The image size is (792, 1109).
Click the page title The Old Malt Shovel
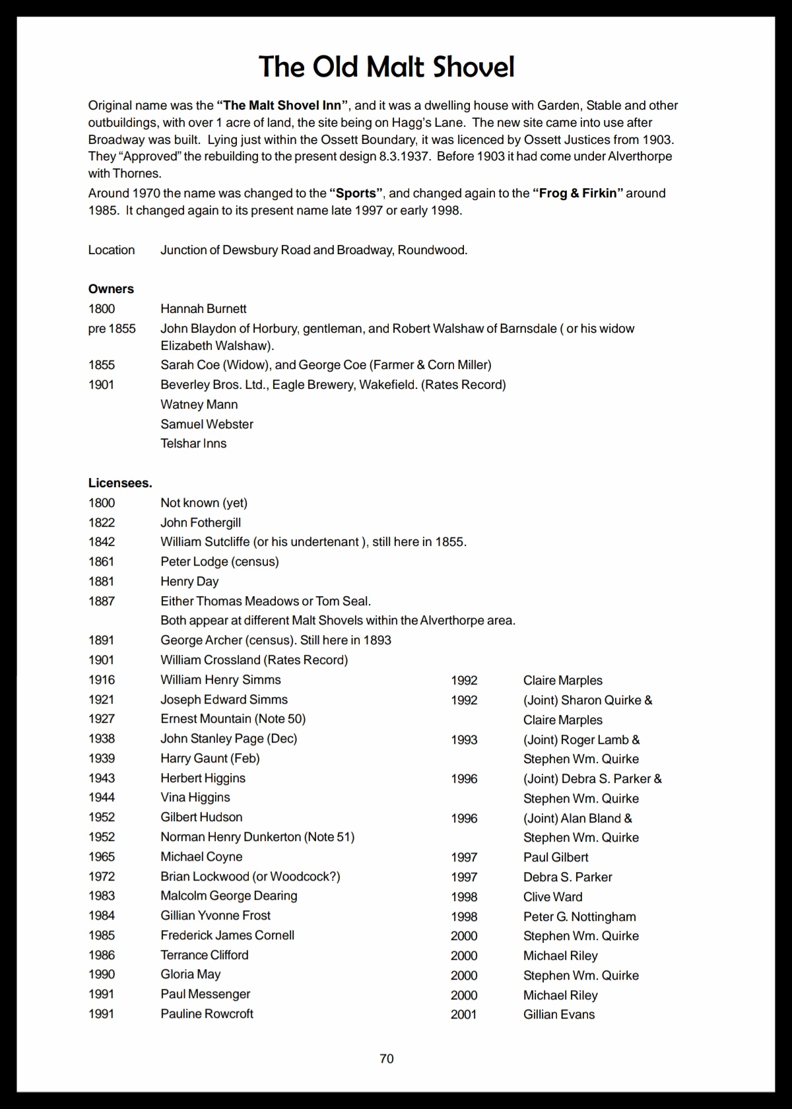click(x=386, y=67)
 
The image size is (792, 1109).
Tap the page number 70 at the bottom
click(x=387, y=1058)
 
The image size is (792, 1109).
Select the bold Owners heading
click(x=111, y=288)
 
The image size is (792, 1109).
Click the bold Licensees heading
click(x=120, y=483)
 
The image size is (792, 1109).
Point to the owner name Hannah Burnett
click(x=203, y=308)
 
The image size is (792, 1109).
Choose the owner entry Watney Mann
click(x=199, y=404)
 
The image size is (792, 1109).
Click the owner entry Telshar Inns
click(x=193, y=443)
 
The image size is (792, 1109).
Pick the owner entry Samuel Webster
click(x=207, y=424)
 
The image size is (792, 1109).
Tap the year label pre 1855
click(x=112, y=328)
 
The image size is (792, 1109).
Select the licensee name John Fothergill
click(x=201, y=522)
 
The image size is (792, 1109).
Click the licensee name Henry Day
click(x=189, y=581)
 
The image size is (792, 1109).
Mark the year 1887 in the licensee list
click(x=102, y=601)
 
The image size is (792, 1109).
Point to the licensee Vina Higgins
click(x=195, y=797)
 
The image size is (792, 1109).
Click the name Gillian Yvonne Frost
click(x=215, y=915)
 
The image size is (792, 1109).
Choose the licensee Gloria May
click(x=190, y=974)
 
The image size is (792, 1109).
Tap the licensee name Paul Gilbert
click(x=556, y=857)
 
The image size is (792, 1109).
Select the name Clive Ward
click(x=552, y=896)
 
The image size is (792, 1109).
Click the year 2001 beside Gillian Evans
click(x=464, y=1014)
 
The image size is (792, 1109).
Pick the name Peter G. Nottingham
click(x=579, y=916)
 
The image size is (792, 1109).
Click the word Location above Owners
click(x=112, y=250)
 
